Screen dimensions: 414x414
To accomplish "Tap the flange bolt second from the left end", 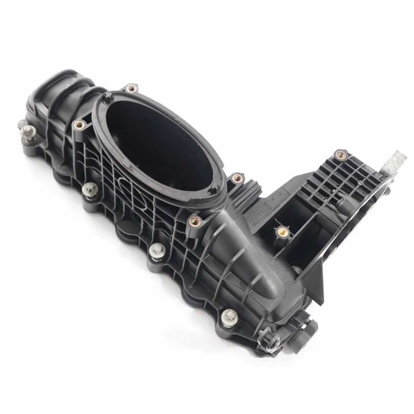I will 90,188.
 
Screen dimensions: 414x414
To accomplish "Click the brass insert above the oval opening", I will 131,89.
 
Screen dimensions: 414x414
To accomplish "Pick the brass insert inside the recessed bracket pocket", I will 282,231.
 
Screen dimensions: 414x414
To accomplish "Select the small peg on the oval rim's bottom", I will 214,189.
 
